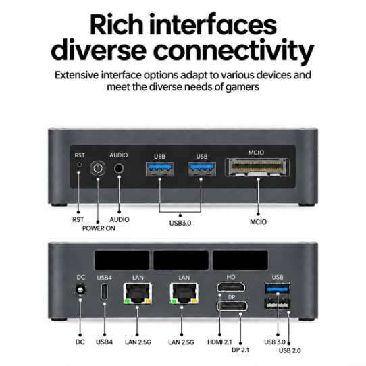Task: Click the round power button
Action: pyautogui.click(x=98, y=167)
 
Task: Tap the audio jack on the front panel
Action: pyautogui.click(x=119, y=168)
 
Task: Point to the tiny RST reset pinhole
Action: pyautogui.click(x=80, y=165)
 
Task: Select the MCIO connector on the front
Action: pyautogui.click(x=257, y=167)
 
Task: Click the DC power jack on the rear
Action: pyautogui.click(x=80, y=290)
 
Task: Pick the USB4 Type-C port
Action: pyautogui.click(x=105, y=291)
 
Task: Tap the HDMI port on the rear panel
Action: pyautogui.click(x=231, y=287)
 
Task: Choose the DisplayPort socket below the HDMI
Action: pyautogui.click(x=232, y=306)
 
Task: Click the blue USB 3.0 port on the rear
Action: pyautogui.click(x=278, y=289)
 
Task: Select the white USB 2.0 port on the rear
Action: pyautogui.click(x=278, y=304)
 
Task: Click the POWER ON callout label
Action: pyautogui.click(x=99, y=228)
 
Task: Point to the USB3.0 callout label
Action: pyautogui.click(x=180, y=223)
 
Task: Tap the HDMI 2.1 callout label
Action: pyautogui.click(x=219, y=342)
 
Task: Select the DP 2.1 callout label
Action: pyautogui.click(x=240, y=350)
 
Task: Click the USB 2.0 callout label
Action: pyautogui.click(x=290, y=350)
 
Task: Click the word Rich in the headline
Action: pyautogui.click(x=116, y=25)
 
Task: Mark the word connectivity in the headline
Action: pyautogui.click(x=234, y=51)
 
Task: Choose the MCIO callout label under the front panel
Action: pyautogui.click(x=258, y=221)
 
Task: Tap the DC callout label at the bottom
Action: pyautogui.click(x=80, y=342)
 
